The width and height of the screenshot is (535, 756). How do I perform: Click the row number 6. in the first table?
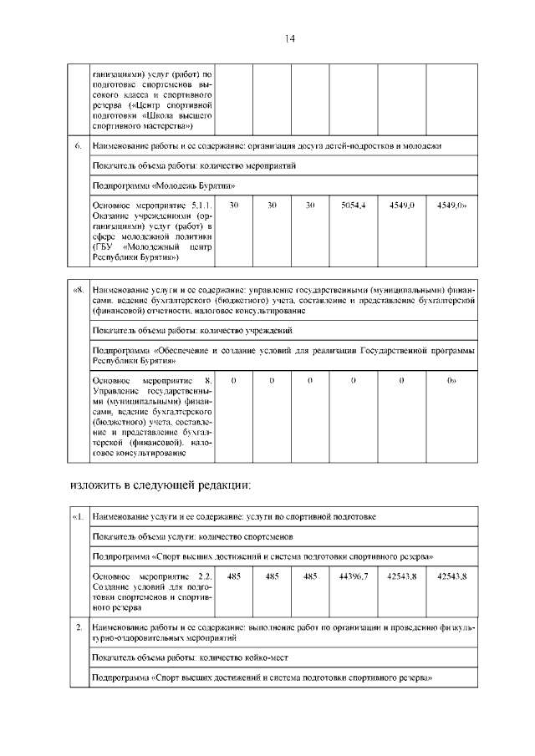(77, 147)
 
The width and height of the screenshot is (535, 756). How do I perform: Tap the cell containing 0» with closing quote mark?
(451, 380)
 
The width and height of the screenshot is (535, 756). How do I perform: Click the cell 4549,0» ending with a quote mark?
(451, 205)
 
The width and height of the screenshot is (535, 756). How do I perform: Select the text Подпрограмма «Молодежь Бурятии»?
(158, 185)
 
